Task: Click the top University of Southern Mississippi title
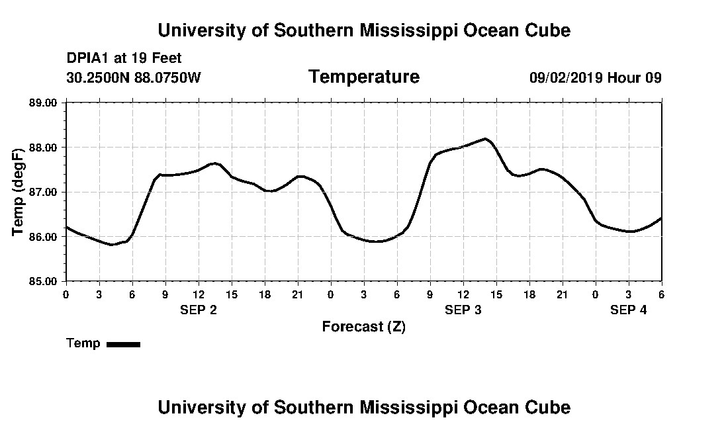364,30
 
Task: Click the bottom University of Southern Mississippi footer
364,407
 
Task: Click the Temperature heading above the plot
364,77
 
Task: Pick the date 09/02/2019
566,77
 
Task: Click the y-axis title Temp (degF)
18,192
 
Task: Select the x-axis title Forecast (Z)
364,326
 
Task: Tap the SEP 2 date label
199,310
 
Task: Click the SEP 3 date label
463,310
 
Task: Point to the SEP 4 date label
629,310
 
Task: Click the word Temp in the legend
83,343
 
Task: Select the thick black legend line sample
124,344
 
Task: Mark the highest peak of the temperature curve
486,139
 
